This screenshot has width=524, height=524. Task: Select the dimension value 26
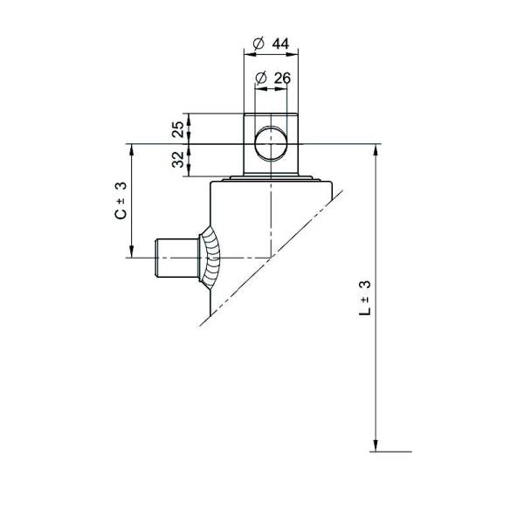[281, 79]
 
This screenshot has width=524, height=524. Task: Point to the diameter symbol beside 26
[260, 79]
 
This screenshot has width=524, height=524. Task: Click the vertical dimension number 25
[178, 129]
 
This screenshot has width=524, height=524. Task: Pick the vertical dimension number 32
[178, 160]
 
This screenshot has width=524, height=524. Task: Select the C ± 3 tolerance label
[121, 200]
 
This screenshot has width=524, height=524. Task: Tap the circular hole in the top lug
[272, 143]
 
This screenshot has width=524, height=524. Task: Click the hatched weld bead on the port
[210, 258]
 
